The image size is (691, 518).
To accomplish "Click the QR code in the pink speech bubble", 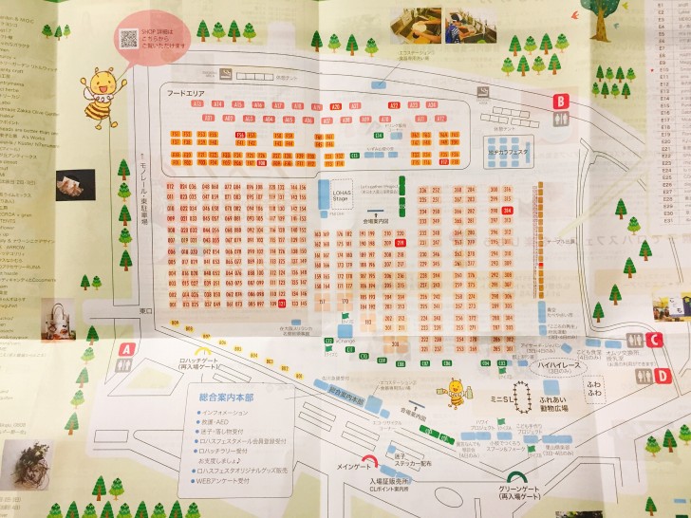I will [x=128, y=38].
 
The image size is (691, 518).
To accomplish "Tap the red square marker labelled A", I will [x=125, y=349].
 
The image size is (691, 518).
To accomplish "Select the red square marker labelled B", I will [x=561, y=101].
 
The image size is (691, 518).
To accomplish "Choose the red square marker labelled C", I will [x=654, y=341].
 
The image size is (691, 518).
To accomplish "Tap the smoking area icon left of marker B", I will [x=485, y=91].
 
